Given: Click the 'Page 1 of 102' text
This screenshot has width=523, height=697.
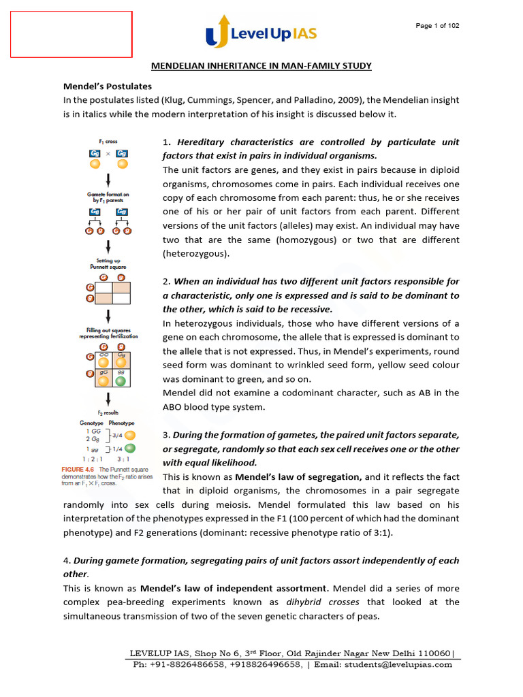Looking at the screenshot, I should pyautogui.click(x=437, y=26).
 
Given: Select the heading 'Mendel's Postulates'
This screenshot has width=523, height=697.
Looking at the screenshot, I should pyautogui.click(x=108, y=86).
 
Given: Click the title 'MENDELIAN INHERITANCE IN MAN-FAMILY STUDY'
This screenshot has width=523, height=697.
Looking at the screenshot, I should pyautogui.click(x=261, y=65).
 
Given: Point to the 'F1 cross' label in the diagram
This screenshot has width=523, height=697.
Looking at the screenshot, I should pyautogui.click(x=107, y=142).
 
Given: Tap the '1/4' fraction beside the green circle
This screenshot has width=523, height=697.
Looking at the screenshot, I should pyautogui.click(x=116, y=448).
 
